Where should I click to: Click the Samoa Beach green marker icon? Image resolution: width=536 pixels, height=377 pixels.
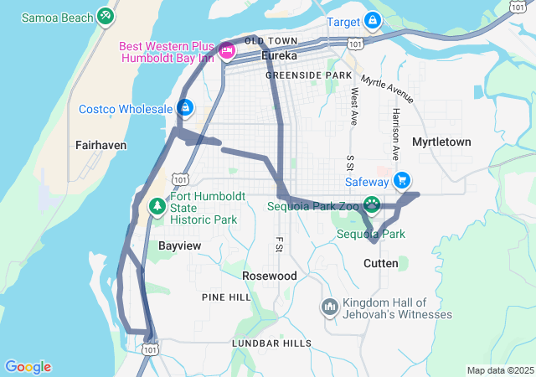(105, 15)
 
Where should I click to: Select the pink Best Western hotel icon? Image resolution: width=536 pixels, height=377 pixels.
(226, 52)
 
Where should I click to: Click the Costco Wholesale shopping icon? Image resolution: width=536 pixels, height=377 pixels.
(185, 108)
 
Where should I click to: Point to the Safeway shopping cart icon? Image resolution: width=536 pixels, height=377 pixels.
(402, 179)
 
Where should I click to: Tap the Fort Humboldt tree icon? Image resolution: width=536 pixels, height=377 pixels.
(157, 205)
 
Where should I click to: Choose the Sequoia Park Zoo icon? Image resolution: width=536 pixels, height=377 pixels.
(371, 204)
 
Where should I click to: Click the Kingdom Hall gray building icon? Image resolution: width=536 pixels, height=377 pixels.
(329, 307)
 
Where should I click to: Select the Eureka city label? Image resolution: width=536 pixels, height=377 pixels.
(280, 56)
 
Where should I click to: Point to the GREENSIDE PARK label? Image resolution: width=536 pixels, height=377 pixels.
(309, 75)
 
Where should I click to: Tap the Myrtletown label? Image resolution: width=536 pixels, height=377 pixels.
(442, 142)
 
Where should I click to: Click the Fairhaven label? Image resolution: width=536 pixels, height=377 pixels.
(100, 144)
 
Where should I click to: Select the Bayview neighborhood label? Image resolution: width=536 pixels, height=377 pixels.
(180, 245)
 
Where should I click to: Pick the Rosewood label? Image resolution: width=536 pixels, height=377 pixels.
(270, 275)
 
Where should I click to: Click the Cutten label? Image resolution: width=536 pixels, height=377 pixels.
(381, 263)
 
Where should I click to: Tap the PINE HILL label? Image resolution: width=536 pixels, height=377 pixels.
(226, 297)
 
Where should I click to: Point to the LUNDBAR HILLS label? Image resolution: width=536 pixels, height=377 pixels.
(271, 343)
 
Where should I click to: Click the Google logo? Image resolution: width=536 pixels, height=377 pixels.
(28, 367)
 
